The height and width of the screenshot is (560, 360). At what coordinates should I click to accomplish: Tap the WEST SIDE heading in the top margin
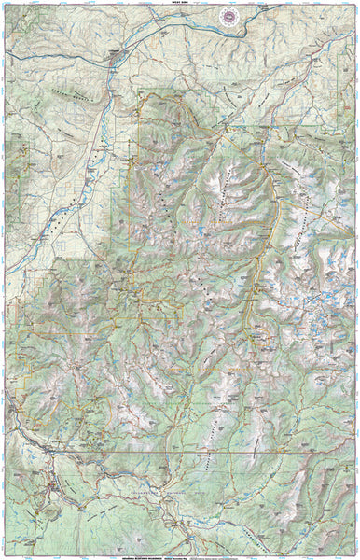(x=180, y=4)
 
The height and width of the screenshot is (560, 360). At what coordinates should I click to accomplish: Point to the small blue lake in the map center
(x=198, y=230)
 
